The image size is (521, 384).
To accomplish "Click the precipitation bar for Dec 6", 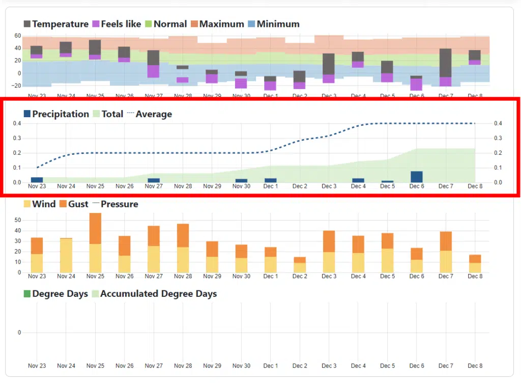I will (x=417, y=177).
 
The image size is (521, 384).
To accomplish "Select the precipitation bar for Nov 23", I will (x=37, y=180).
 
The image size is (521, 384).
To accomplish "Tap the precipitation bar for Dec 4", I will (x=358, y=180).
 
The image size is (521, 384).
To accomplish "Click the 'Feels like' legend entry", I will (x=114, y=24).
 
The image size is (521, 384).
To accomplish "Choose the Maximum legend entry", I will (x=217, y=24).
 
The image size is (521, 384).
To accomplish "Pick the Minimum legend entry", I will (x=273, y=24).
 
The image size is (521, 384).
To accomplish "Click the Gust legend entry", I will (x=74, y=204).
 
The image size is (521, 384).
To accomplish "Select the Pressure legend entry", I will (x=115, y=204).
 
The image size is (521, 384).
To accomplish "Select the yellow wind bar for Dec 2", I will (x=300, y=267).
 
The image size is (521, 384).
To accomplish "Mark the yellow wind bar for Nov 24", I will (x=66, y=255).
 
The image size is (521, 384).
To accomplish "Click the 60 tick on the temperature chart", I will (x=18, y=36).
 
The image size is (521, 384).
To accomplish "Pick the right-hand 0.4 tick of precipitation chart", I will (x=498, y=123).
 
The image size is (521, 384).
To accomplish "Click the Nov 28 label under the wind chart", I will (x=183, y=277).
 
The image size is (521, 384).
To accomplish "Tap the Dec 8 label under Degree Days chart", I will (x=475, y=366).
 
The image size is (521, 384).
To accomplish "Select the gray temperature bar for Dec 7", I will (x=446, y=63).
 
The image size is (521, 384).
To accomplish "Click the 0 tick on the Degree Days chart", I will (x=20, y=333).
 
